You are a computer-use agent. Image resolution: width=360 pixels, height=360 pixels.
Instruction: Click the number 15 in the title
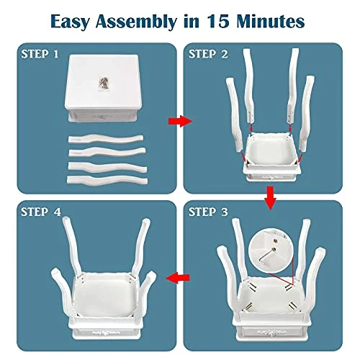point(219,21)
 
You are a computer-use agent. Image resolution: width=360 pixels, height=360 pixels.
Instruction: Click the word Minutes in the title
point(271,21)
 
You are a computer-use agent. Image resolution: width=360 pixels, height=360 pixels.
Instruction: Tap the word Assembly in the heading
point(136,22)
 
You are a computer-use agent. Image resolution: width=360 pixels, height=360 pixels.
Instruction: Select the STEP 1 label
point(40,54)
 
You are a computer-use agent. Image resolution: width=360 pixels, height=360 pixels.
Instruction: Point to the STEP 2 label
point(208,54)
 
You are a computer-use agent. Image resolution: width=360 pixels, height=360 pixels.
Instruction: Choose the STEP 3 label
point(208,212)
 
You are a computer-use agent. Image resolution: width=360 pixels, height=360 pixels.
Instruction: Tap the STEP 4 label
point(41,212)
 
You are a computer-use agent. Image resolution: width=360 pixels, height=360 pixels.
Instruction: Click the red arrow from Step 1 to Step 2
point(180,121)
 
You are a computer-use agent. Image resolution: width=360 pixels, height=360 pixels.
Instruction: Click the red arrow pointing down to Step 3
point(271,198)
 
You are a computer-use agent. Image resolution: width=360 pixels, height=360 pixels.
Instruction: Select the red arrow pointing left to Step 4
point(178,278)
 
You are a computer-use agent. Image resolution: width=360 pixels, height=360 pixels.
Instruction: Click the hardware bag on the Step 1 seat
point(104,84)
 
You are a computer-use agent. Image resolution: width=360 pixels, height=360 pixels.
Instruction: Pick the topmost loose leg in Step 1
point(106,139)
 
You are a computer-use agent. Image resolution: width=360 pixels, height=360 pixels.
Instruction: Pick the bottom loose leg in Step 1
point(107,180)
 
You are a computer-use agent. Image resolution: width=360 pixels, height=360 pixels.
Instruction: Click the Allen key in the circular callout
point(267,257)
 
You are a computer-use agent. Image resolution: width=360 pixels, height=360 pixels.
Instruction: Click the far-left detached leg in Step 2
point(234,114)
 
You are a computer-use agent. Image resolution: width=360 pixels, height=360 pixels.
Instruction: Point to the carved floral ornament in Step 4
point(104,333)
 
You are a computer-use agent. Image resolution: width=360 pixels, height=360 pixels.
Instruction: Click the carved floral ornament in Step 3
point(271,333)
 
